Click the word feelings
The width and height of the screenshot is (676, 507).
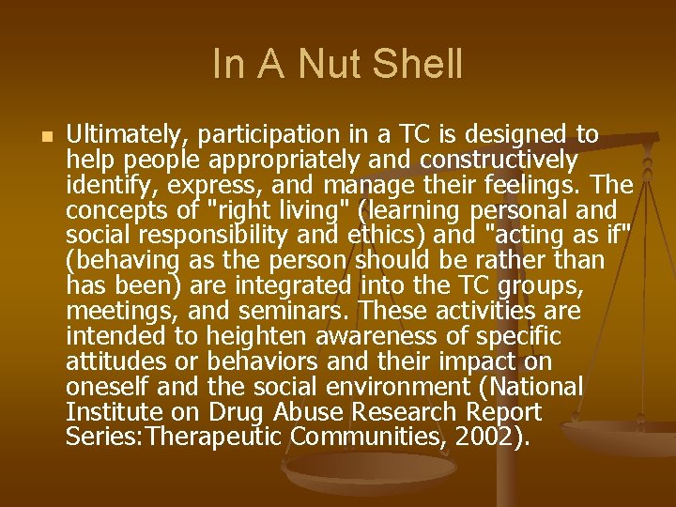pyautogui.click(x=536, y=185)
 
